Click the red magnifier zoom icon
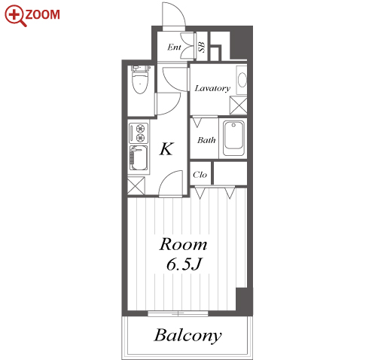15,15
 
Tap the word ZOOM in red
43,14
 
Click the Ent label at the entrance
174,47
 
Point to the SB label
202,47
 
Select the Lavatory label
212,88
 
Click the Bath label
206,140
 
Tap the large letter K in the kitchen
166,148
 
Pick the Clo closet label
200,175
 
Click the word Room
183,244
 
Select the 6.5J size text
184,264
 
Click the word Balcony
187,335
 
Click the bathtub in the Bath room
233,139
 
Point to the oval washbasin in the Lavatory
242,80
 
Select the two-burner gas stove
139,133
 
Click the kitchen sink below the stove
139,158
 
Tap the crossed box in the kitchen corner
136,185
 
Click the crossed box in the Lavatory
238,105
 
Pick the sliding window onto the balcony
178,313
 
